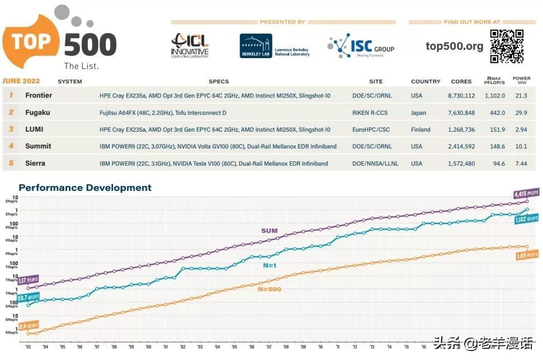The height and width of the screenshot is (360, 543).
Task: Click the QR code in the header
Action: click(507, 46)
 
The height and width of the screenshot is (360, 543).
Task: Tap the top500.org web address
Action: click(454, 46)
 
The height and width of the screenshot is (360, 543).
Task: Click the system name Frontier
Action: click(39, 96)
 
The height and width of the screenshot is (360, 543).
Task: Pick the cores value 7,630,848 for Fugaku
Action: click(461, 113)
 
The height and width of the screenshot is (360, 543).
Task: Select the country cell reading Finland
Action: click(420, 129)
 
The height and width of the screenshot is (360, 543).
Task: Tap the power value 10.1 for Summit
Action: click(521, 146)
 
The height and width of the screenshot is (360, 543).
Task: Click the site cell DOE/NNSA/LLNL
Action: click(372, 163)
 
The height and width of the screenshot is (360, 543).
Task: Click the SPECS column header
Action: click(219, 82)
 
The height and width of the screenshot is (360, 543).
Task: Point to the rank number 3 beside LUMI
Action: click(10, 129)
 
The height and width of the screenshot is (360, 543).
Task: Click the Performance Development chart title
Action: click(85, 188)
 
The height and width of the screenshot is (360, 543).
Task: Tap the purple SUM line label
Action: click(269, 231)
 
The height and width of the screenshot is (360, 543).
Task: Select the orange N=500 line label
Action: click(269, 289)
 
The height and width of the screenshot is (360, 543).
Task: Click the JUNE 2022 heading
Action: click(21, 81)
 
